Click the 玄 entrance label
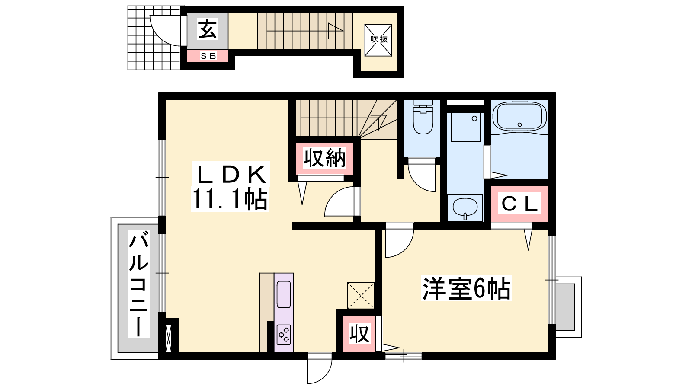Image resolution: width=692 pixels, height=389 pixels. click(x=207, y=29)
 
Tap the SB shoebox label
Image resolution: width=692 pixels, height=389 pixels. click(x=208, y=56)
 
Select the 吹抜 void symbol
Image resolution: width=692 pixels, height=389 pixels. click(x=378, y=40)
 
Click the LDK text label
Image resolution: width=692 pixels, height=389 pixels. click(x=231, y=175)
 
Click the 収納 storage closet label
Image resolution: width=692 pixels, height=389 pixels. click(x=324, y=158)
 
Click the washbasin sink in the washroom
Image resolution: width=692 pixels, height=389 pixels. click(x=465, y=208)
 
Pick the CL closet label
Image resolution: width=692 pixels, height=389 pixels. click(x=519, y=204)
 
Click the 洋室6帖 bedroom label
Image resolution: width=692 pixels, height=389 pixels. click(x=467, y=288)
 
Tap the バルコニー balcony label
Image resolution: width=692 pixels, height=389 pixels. click(x=139, y=284)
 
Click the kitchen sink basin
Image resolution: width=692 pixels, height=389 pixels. click(x=284, y=294)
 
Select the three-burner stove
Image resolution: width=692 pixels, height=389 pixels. click(x=284, y=335)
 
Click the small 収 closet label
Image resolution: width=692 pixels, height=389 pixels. click(x=359, y=334)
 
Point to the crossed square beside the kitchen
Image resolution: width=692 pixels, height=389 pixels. click(x=361, y=296)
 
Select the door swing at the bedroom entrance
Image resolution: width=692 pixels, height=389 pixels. click(x=400, y=240)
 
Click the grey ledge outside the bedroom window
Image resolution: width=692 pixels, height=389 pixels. click(x=565, y=307)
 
